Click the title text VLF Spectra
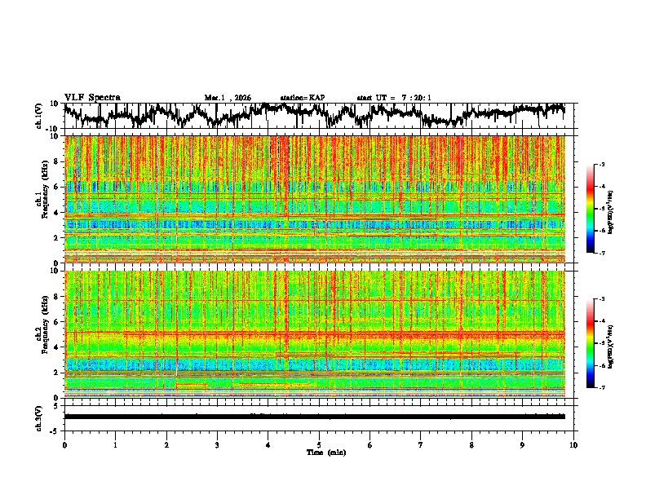(x=92, y=98)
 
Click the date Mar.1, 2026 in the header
(x=228, y=98)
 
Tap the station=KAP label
(x=302, y=98)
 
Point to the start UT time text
(x=394, y=98)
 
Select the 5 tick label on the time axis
(x=319, y=444)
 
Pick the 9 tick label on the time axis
(x=523, y=444)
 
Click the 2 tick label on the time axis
(x=166, y=444)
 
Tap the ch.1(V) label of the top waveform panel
(x=40, y=116)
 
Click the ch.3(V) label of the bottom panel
(x=40, y=417)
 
